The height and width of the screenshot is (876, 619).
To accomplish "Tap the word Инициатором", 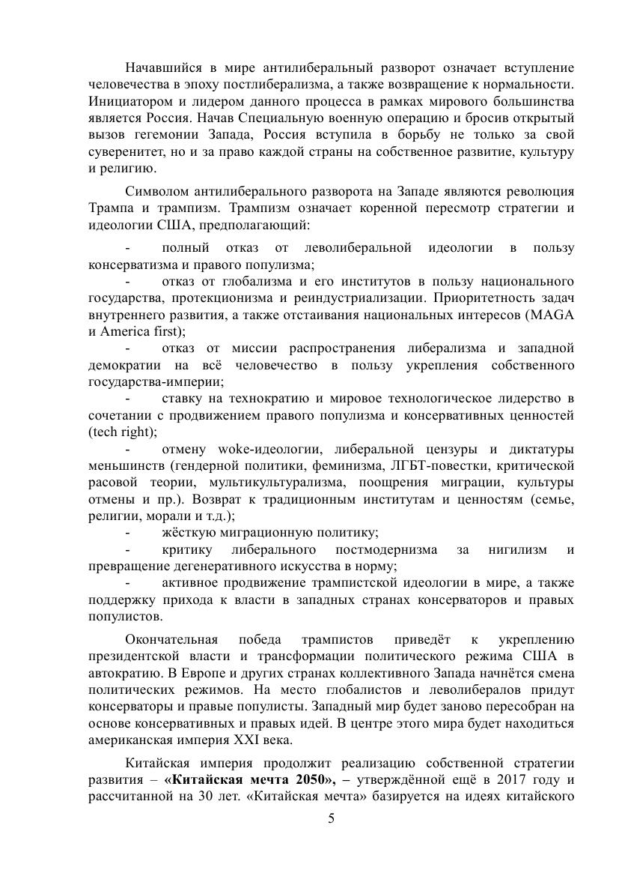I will pyautogui.click(x=129, y=101).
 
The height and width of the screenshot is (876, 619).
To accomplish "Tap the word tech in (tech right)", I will pyautogui.click(x=104, y=432).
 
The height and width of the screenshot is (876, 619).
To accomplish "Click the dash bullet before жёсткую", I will pyautogui.click(x=128, y=534).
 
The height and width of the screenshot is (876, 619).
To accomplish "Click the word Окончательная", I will pyautogui.click(x=171, y=639).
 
